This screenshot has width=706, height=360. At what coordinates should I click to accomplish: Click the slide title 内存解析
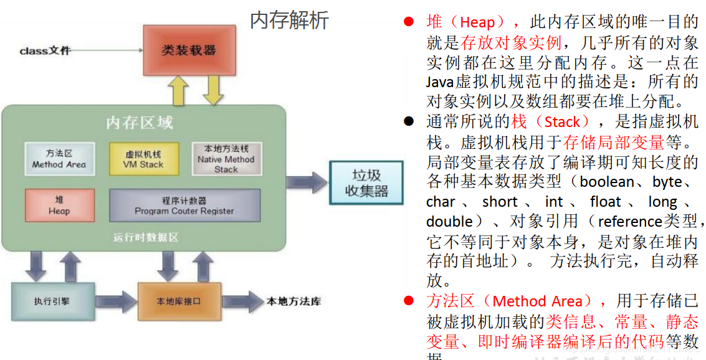click(289, 21)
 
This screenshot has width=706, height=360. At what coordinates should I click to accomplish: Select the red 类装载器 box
click(188, 50)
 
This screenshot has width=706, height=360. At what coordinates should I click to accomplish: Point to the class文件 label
click(45, 50)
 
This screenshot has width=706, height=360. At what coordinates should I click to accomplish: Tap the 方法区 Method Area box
click(59, 159)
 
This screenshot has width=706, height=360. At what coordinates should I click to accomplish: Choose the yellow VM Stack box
click(143, 159)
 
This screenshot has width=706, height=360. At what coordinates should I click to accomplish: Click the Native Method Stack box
click(226, 159)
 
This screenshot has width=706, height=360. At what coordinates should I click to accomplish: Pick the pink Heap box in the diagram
click(59, 206)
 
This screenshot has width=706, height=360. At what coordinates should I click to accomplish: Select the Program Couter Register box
click(184, 206)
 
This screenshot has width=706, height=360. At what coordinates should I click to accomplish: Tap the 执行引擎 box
click(52, 301)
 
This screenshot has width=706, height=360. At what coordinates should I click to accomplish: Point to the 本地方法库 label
click(294, 301)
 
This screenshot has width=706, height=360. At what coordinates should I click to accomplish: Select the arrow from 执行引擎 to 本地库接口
click(116, 301)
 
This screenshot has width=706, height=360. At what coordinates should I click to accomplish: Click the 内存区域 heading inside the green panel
click(140, 123)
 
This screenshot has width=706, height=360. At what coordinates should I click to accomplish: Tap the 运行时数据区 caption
click(146, 237)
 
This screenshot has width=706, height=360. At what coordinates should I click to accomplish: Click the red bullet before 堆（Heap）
click(409, 22)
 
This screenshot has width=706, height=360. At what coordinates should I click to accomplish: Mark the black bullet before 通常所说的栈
click(409, 121)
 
